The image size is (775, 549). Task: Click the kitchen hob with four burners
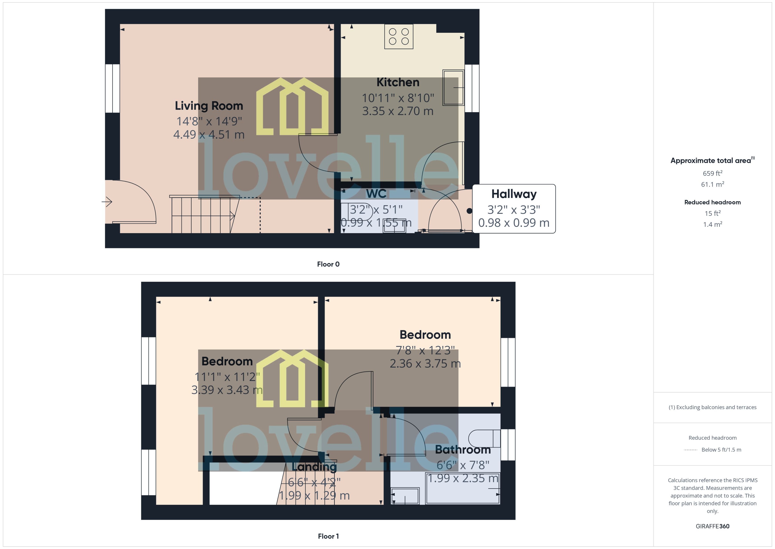click(399, 37)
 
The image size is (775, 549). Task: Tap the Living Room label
click(209, 106)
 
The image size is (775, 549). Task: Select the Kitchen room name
click(398, 82)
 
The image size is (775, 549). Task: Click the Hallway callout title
click(514, 194)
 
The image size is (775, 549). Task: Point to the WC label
click(376, 194)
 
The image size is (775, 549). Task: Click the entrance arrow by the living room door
click(107, 202)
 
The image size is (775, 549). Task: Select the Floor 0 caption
click(328, 264)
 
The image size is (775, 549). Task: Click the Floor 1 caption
click(328, 536)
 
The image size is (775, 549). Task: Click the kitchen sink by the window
click(453, 87)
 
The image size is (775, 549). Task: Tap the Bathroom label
click(463, 450)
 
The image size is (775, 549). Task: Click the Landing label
click(314, 467)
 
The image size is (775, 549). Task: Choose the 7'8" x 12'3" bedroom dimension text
click(425, 350)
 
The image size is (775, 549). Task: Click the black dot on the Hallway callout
click(469, 211)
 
